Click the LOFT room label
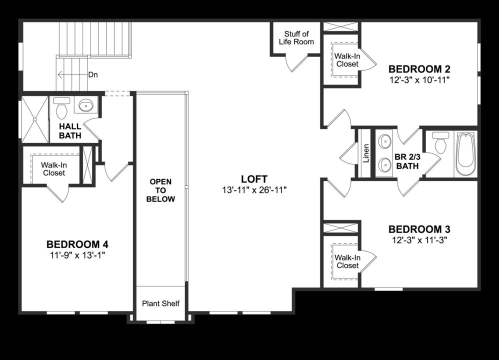click(254, 179)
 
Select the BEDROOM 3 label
click(419, 229)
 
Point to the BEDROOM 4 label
click(77, 244)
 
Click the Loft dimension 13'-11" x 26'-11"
click(254, 190)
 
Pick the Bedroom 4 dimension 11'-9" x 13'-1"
click(77, 255)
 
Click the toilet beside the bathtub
click(440, 144)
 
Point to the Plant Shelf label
click(160, 303)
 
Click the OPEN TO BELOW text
click(160, 190)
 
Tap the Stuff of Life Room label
click(296, 37)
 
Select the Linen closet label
click(365, 153)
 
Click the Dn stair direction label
click(93, 75)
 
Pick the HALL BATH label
click(70, 131)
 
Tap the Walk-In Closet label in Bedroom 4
click(53, 168)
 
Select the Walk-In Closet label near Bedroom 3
click(347, 261)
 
